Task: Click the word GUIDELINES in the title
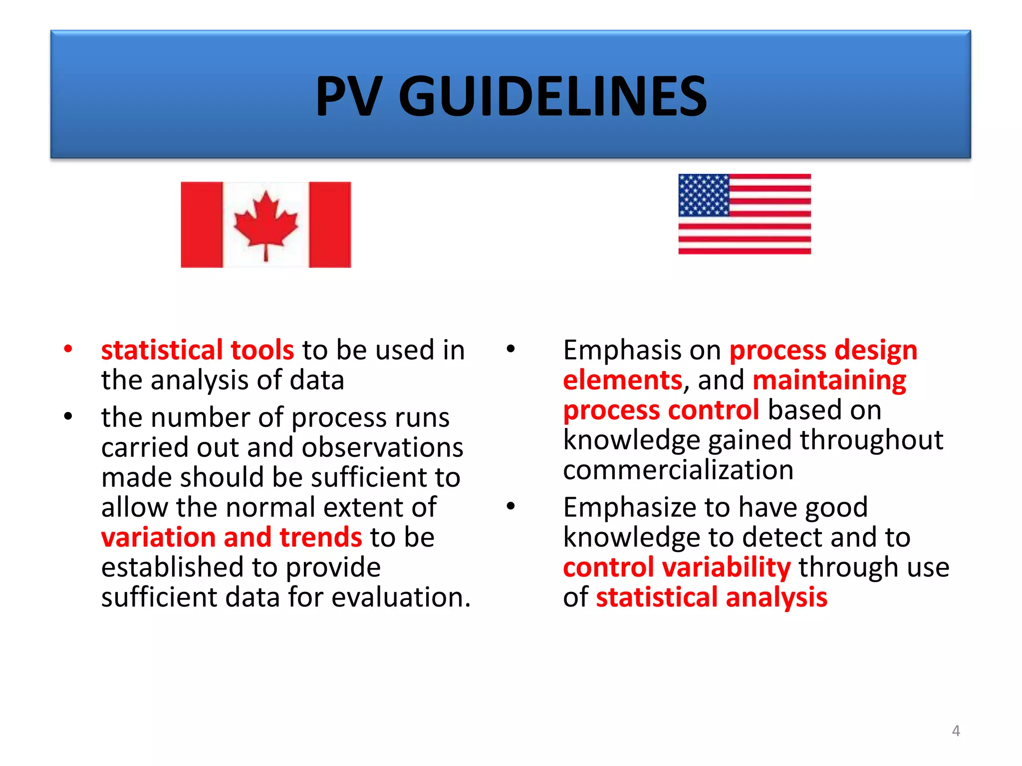click(552, 96)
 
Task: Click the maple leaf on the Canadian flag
click(265, 222)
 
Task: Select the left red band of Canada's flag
click(201, 224)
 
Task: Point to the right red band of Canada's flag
click(330, 224)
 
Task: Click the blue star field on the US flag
click(704, 195)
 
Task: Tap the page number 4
click(956, 731)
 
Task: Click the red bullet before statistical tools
click(68, 349)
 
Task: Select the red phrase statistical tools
click(198, 350)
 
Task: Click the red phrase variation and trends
click(232, 538)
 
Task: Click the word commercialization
click(678, 470)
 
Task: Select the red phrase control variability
click(677, 568)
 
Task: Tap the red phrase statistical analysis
click(712, 597)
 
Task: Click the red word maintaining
click(829, 381)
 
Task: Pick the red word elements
click(622, 381)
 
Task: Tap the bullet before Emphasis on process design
click(510, 349)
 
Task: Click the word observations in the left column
click(382, 447)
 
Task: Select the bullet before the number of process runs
click(68, 416)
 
